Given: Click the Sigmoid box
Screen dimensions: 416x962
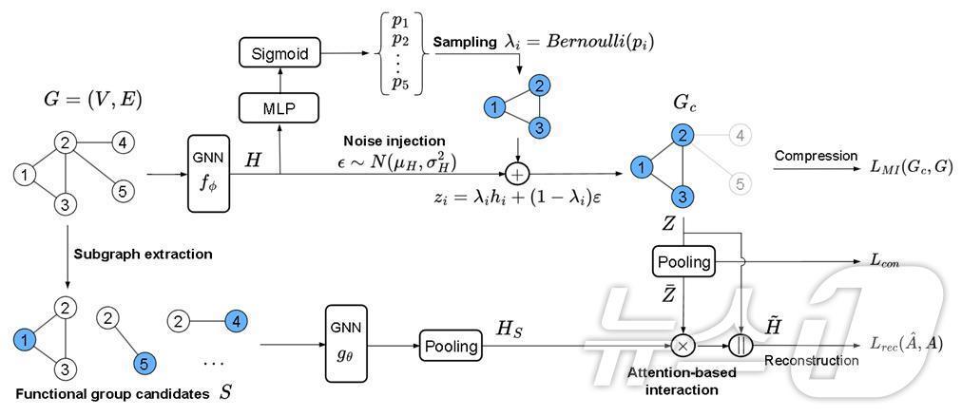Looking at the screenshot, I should [x=280, y=52].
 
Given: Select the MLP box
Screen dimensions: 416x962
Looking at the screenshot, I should [x=280, y=109].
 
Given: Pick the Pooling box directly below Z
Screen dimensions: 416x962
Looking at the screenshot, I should [x=684, y=262].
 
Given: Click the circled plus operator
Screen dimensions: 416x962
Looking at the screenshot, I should [x=518, y=174].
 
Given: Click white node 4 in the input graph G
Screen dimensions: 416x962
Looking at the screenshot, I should [x=123, y=144].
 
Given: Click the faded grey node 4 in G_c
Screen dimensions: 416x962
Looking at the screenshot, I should [x=741, y=136].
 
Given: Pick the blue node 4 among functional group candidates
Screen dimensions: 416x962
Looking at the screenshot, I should [x=237, y=321].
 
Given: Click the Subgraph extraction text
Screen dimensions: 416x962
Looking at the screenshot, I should [x=143, y=255].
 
